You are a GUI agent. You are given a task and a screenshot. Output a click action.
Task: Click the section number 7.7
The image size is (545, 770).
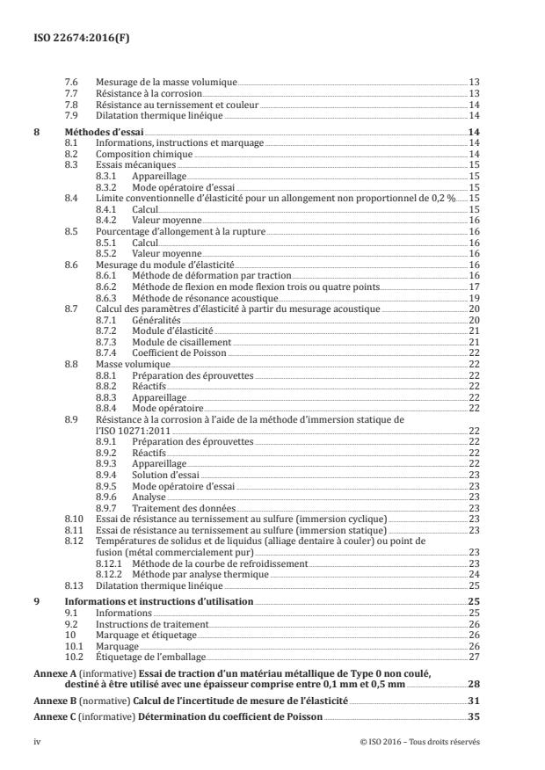(72, 92)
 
